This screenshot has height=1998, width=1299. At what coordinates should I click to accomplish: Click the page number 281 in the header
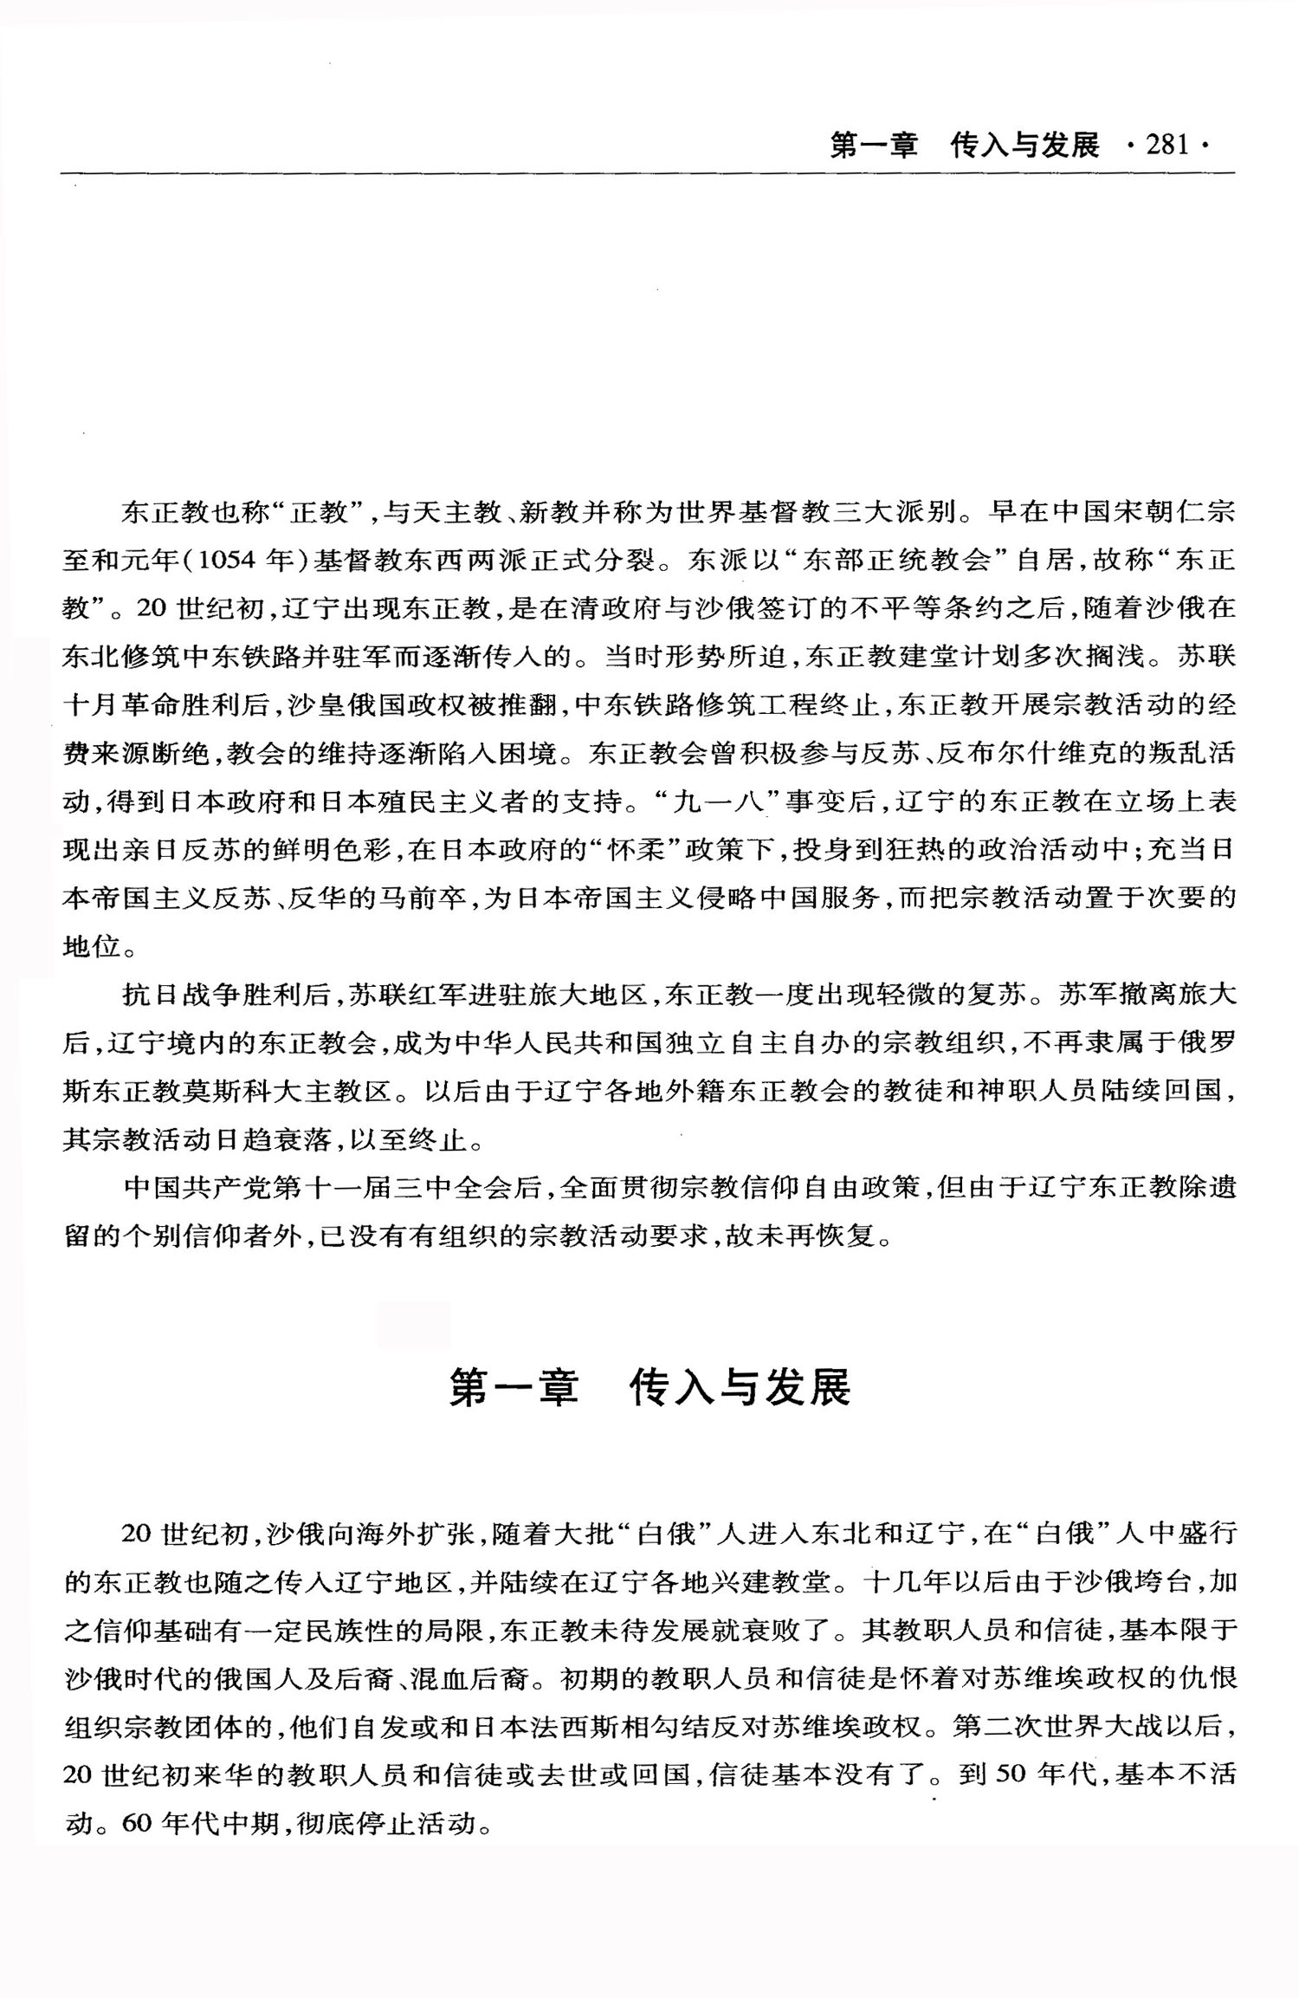[x=1167, y=145]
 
